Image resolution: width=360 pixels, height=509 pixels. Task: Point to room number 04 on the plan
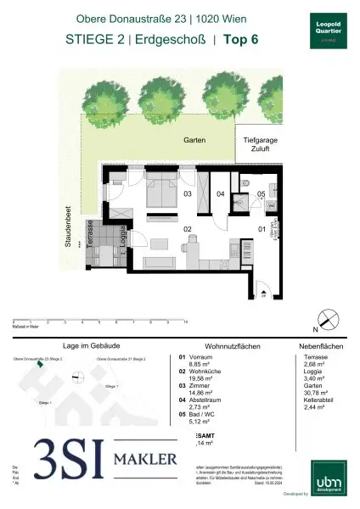click(219, 195)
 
